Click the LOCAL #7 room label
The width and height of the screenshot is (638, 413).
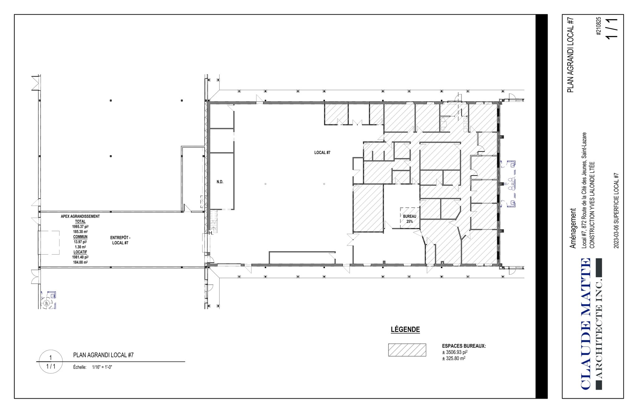pyautogui.click(x=322, y=152)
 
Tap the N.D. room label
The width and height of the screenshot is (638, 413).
pyautogui.click(x=220, y=182)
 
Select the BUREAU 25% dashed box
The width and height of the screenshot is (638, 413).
pyautogui.click(x=409, y=218)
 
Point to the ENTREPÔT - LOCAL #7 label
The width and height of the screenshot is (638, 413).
pyautogui.click(x=120, y=240)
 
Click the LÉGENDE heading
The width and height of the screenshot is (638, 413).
pyautogui.click(x=405, y=329)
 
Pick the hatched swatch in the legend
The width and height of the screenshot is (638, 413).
pyautogui.click(x=407, y=350)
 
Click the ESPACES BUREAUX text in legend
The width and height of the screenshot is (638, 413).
pyautogui.click(x=464, y=346)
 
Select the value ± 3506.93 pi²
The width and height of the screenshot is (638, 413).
pyautogui.click(x=455, y=352)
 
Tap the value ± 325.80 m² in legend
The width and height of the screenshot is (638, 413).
pyautogui.click(x=454, y=358)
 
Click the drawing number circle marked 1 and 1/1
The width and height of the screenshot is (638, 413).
pyautogui.click(x=51, y=362)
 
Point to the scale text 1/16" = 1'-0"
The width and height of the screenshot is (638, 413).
pyautogui.click(x=102, y=367)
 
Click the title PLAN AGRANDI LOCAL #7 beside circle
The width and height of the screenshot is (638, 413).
pyautogui.click(x=103, y=355)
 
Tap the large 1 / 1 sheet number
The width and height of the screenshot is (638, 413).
pyautogui.click(x=611, y=28)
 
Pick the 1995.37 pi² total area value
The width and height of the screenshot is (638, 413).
pyautogui.click(x=80, y=227)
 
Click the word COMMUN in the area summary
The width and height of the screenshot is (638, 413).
pyautogui.click(x=80, y=237)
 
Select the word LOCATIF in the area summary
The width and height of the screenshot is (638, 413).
pyautogui.click(x=80, y=252)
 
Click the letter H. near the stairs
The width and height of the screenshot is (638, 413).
pyautogui.click(x=211, y=233)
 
